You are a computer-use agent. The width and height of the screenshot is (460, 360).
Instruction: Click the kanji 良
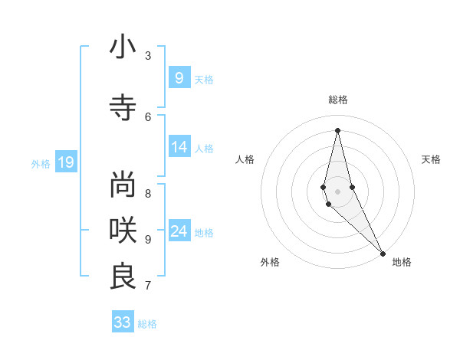point(123,276)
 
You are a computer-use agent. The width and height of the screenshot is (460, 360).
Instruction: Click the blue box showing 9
point(179,77)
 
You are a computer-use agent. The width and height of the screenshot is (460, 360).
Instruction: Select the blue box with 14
point(179,147)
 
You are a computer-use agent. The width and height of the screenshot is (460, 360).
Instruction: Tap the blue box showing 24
point(179,231)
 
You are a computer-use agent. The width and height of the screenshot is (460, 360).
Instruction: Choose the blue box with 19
point(65,162)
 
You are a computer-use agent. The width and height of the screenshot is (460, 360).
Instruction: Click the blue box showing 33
point(123,322)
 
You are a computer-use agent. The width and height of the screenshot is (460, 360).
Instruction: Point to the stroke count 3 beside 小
point(148,55)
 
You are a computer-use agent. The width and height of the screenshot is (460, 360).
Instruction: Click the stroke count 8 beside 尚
point(148,193)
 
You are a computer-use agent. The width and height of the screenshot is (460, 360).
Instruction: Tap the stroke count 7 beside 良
point(148,286)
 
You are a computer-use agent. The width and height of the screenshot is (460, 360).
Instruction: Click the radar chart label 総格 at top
point(338,100)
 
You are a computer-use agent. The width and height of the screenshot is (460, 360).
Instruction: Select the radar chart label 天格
point(431,159)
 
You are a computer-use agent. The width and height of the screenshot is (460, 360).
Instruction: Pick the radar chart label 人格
point(245,159)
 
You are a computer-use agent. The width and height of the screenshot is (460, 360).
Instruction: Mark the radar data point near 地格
point(382,252)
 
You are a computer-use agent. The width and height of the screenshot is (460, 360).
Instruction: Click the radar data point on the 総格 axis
point(337,130)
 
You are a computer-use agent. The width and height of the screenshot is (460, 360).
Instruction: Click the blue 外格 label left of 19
point(41,163)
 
